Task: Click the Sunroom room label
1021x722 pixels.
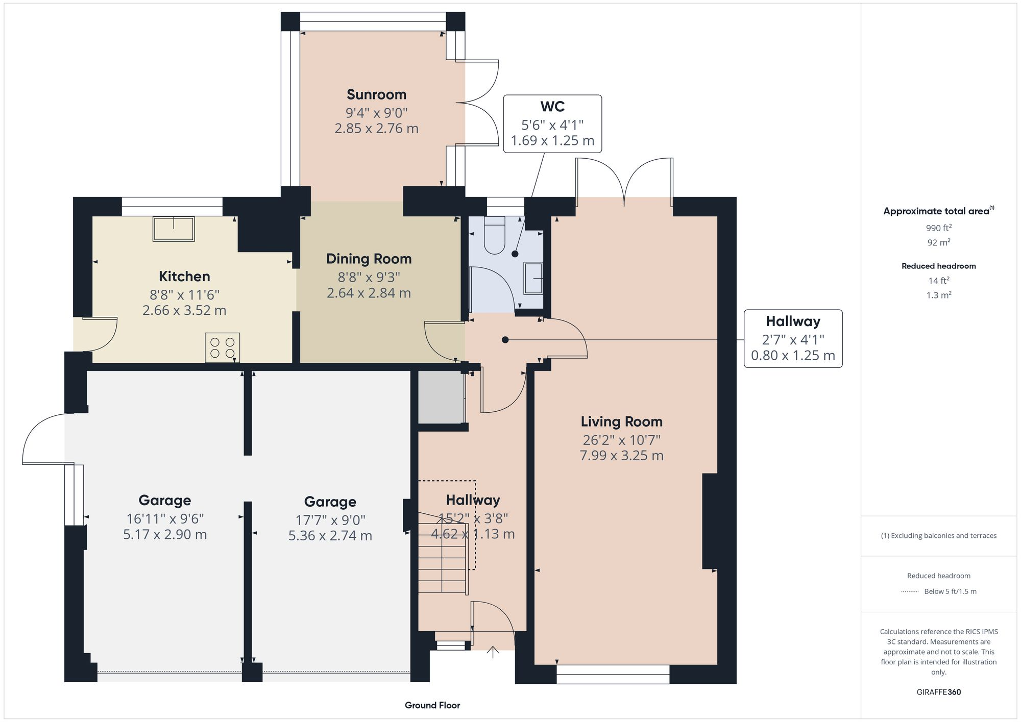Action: (x=376, y=94)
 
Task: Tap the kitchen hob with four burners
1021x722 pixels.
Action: (x=223, y=348)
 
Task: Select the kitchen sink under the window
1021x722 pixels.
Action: (x=174, y=229)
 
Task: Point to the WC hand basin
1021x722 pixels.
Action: (x=533, y=279)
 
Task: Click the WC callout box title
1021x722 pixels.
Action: (x=552, y=107)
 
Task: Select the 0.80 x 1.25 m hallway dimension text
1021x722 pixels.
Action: (x=792, y=356)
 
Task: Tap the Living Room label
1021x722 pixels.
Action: (x=621, y=421)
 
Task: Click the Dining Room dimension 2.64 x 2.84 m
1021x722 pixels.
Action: (x=369, y=293)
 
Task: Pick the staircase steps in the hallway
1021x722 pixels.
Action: (x=442, y=561)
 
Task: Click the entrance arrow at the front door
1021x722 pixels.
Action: (x=493, y=652)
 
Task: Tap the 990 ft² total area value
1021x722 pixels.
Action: (x=938, y=228)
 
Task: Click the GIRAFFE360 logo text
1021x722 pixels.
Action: (x=938, y=692)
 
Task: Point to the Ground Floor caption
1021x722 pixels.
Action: (x=432, y=705)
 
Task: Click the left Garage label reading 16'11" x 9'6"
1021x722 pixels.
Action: (x=164, y=518)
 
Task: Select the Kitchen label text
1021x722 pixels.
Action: (x=184, y=277)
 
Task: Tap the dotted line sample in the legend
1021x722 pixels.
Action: (x=910, y=592)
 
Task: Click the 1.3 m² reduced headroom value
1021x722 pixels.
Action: (x=938, y=295)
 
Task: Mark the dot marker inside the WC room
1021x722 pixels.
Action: (x=515, y=254)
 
